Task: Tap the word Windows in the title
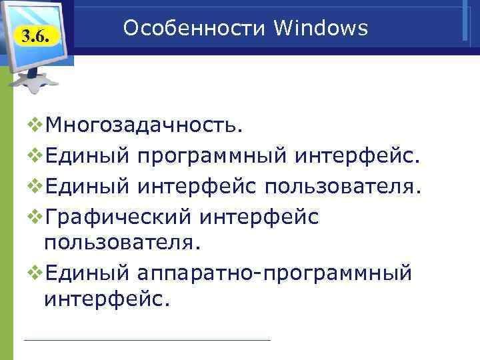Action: pos(321,28)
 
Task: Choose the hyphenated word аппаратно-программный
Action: pos(275,273)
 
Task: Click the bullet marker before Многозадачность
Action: pos(35,124)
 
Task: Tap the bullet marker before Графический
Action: pos(35,215)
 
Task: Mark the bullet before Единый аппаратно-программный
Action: pos(35,272)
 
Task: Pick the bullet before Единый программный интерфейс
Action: pos(35,155)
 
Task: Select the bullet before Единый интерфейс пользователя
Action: pos(35,185)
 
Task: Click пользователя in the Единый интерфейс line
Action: pos(343,185)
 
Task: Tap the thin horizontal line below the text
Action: pos(147,340)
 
